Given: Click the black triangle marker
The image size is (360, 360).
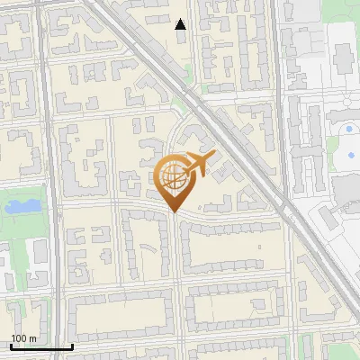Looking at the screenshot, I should pos(181,24).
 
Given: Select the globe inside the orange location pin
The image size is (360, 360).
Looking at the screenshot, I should pos(172,177).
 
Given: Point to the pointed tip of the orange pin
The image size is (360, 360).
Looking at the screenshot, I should pos(174,211).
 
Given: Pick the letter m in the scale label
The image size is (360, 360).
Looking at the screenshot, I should pos(33,338).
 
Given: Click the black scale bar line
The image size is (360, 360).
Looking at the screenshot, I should pos(40,346).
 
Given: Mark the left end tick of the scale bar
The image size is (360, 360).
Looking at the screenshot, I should pos(10,345).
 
